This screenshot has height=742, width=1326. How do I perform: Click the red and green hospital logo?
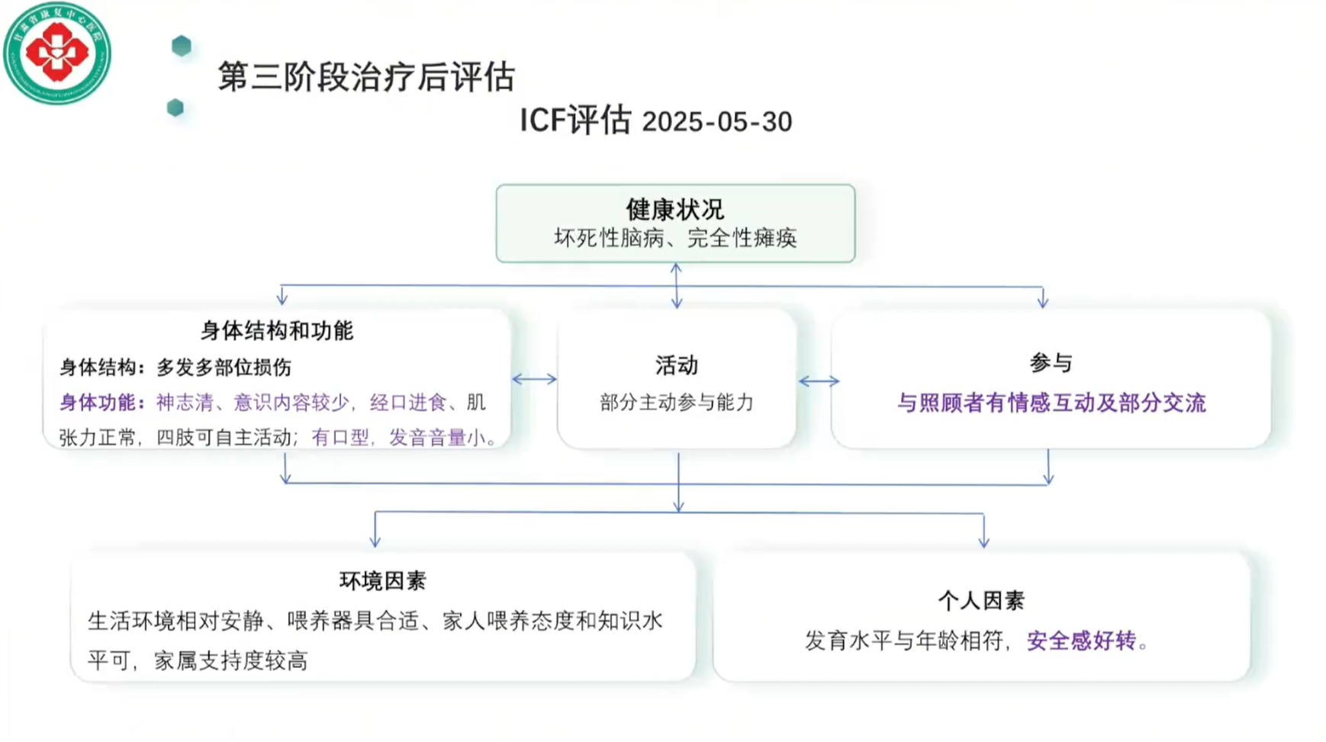[x=57, y=53]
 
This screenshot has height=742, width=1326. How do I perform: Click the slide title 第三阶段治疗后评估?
[x=366, y=77]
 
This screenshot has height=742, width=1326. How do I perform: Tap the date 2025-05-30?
[x=716, y=122]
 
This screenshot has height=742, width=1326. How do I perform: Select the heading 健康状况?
[x=674, y=209]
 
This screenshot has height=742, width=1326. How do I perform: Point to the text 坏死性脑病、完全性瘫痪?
[x=674, y=238]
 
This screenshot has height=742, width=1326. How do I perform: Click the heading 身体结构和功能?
[x=276, y=331]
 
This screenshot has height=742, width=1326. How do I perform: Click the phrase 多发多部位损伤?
[x=224, y=368]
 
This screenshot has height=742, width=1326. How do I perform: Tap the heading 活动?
[x=676, y=366]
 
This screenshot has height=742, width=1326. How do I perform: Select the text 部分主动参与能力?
[x=676, y=403]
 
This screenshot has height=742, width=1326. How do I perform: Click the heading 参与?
[x=1051, y=363]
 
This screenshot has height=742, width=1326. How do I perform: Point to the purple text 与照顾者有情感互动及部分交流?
[x=1051, y=403]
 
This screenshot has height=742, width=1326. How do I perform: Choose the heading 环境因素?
[x=382, y=581]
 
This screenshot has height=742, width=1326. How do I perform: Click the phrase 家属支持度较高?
[x=230, y=660]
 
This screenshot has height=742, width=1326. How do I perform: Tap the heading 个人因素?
[x=980, y=601]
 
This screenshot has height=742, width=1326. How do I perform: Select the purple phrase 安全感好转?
[x=1081, y=641]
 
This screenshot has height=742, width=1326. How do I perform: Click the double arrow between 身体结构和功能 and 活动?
[x=534, y=379]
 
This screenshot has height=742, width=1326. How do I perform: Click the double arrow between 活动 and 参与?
[x=819, y=381]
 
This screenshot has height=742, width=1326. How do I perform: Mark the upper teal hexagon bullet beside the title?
[x=182, y=46]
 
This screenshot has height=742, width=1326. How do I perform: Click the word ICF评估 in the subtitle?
[x=575, y=120]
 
